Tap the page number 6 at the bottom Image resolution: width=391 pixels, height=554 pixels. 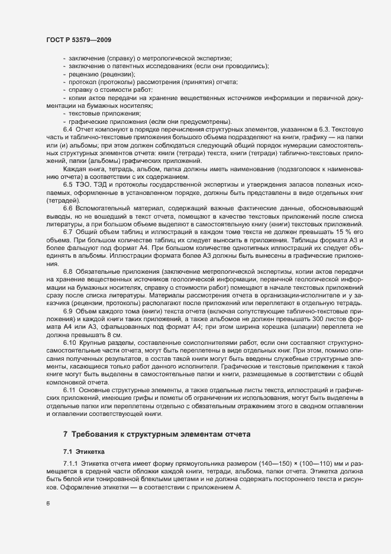[x=47, y=503]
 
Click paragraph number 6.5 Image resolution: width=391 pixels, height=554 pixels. [x=67, y=184]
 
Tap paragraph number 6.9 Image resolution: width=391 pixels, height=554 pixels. [x=67, y=312]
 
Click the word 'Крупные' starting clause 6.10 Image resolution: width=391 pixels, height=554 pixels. [x=95, y=344]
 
